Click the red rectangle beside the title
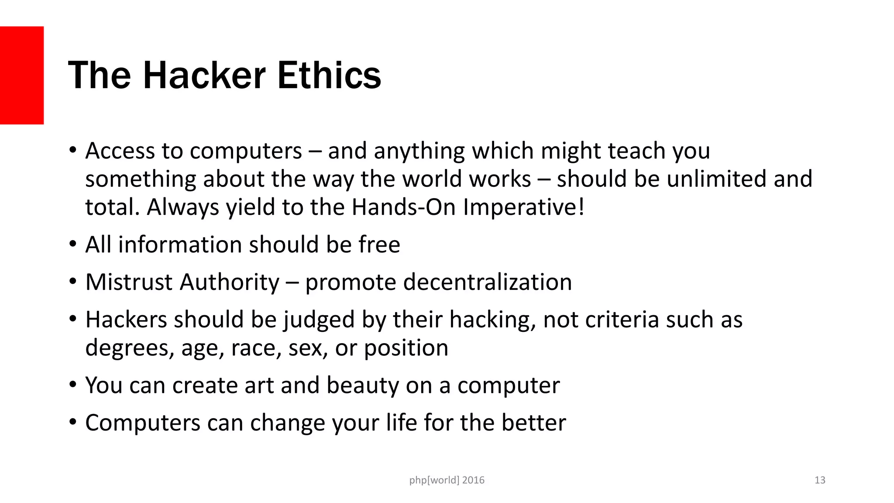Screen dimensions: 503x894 22,75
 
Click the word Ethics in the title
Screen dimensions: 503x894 329,75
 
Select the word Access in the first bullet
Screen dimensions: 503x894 120,151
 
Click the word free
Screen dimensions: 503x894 379,245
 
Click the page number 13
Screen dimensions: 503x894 820,480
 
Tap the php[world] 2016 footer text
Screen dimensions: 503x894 447,480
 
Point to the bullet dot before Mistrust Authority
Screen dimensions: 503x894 72,282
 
